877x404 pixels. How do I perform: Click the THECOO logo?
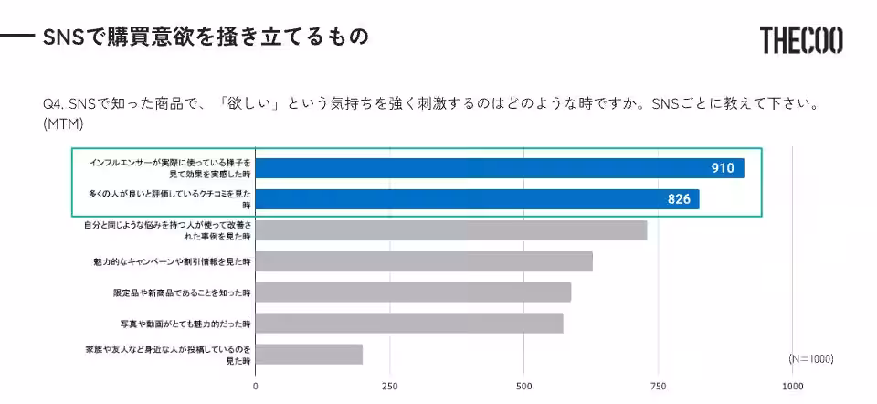pyautogui.click(x=801, y=39)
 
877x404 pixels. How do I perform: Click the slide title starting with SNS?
pyautogui.click(x=206, y=37)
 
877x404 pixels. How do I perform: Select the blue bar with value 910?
pyautogui.click(x=499, y=168)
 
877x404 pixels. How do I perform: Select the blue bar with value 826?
pyautogui.click(x=477, y=199)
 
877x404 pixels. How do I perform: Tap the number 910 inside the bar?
pyautogui.click(x=724, y=168)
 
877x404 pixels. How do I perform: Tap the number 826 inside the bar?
pyautogui.click(x=679, y=199)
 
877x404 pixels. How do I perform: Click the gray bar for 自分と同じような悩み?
pyautogui.click(x=450, y=230)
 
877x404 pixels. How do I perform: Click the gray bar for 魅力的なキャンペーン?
pyautogui.click(x=424, y=261)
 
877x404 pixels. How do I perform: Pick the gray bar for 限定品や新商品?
pyautogui.click(x=413, y=292)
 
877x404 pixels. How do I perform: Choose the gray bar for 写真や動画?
pyautogui.click(x=409, y=324)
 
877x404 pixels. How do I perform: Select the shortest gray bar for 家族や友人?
pyautogui.click(x=309, y=355)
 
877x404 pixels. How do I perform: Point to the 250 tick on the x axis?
pyautogui.click(x=389, y=386)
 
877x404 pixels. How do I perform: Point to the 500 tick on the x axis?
pyautogui.click(x=523, y=386)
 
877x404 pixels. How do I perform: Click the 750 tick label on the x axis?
pyautogui.click(x=658, y=386)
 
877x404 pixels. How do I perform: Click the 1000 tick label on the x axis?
pyautogui.click(x=792, y=386)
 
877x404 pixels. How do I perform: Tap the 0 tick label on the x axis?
pyautogui.click(x=255, y=386)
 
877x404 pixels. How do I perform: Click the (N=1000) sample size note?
pyautogui.click(x=810, y=358)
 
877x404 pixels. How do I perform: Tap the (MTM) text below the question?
pyautogui.click(x=63, y=123)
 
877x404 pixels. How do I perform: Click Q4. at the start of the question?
pyautogui.click(x=54, y=104)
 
